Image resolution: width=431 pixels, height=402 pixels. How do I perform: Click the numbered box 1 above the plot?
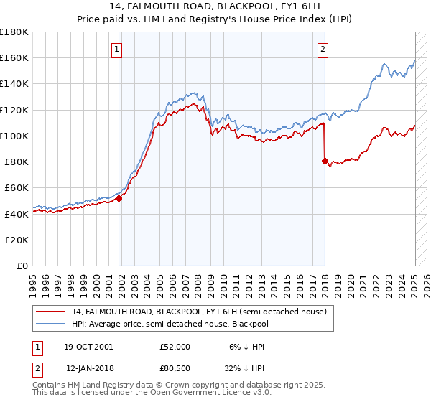116,50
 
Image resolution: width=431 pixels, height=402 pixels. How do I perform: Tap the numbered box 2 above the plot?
323,50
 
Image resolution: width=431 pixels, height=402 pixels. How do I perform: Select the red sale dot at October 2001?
119,199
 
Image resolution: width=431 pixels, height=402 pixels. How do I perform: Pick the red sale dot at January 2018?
325,161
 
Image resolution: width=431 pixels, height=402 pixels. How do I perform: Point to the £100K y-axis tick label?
14,136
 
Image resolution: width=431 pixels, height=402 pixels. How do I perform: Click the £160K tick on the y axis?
14,57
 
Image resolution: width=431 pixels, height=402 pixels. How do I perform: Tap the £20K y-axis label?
17,240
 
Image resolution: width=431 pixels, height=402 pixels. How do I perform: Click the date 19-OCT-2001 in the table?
88,346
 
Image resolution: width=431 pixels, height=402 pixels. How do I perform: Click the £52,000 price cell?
175,346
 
